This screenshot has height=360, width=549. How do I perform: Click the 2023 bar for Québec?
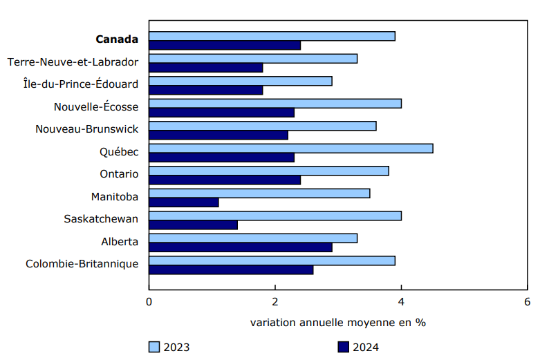coord(290,149)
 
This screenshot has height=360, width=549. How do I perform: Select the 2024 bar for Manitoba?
coord(184,202)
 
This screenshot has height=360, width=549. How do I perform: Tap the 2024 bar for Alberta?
coord(241,247)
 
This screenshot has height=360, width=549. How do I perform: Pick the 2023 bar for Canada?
coord(272,36)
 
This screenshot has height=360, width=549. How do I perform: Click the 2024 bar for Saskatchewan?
coord(193,225)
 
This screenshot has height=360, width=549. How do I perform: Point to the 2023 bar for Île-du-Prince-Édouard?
coord(241,81)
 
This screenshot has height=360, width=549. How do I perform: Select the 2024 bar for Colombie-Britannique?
coord(231,269)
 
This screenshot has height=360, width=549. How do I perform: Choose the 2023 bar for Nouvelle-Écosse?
coord(275,104)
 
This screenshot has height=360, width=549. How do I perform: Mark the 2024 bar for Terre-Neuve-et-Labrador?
coord(206,68)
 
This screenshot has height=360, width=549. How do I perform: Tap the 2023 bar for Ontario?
coord(269,171)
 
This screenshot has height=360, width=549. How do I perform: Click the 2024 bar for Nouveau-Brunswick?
coord(218,135)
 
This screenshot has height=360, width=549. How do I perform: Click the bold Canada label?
coord(117,39)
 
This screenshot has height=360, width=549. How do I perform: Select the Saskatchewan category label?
coord(101,219)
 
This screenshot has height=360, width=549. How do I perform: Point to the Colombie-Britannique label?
coord(82,264)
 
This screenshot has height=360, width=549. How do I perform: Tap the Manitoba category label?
coord(115,197)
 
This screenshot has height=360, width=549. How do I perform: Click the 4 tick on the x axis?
coord(401,302)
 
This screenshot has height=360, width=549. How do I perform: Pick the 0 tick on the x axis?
coord(149,302)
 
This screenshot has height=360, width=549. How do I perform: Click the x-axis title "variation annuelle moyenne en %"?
coord(337,323)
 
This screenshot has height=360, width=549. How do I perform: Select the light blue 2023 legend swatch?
coord(155,347)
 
